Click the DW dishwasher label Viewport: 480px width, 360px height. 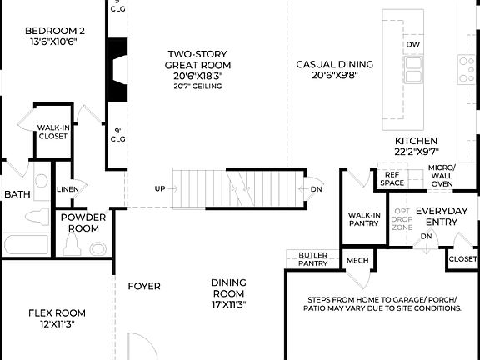[x=412, y=44]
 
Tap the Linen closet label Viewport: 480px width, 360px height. [x=68, y=189]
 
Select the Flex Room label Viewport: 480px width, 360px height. [x=57, y=318]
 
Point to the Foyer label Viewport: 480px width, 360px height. [x=144, y=287]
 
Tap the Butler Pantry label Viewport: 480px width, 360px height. [x=312, y=258]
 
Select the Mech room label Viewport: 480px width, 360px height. [x=357, y=261]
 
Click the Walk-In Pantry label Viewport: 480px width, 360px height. [x=363, y=219]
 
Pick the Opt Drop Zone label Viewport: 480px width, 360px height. [x=402, y=219]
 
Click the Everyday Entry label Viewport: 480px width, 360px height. [x=442, y=216]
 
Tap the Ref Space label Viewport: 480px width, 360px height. [x=392, y=178]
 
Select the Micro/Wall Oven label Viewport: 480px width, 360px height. [x=441, y=176]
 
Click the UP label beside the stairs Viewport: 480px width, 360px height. [x=159, y=188]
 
